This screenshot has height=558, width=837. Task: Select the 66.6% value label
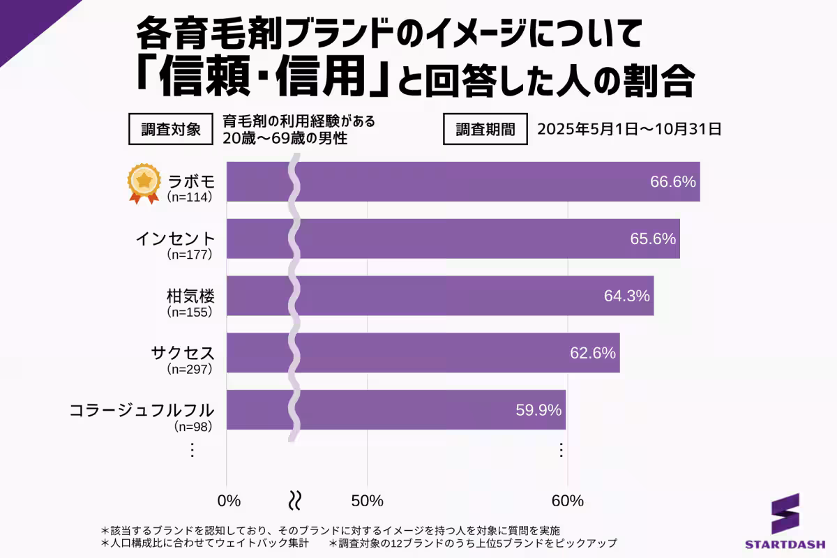click(673, 182)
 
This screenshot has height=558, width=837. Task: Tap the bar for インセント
click(453, 239)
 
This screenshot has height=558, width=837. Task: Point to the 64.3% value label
click(626, 296)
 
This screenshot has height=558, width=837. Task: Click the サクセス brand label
click(183, 352)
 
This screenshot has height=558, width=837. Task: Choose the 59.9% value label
click(538, 410)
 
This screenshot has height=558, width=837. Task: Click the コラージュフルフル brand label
click(142, 409)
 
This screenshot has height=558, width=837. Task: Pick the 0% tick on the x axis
click(229, 501)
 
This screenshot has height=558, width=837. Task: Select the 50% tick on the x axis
click(368, 501)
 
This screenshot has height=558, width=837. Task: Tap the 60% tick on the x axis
click(567, 501)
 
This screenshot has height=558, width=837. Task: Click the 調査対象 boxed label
click(170, 129)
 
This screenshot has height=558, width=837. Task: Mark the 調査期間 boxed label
click(485, 129)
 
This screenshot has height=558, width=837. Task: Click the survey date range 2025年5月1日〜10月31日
click(628, 129)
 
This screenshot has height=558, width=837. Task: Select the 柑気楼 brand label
click(187, 295)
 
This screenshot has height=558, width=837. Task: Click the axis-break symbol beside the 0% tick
click(295, 500)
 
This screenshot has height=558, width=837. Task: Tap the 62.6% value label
click(593, 353)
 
